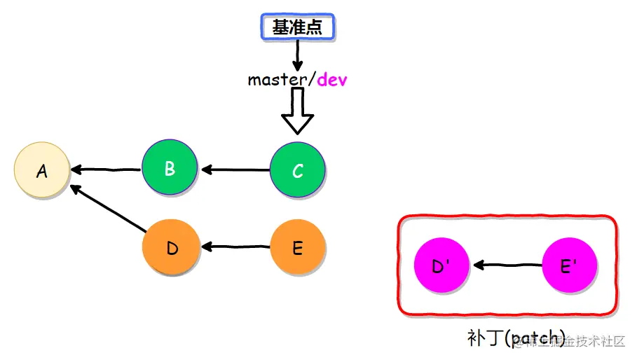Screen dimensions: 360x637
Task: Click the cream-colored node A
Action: [x=42, y=170]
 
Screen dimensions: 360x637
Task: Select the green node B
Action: [x=170, y=169]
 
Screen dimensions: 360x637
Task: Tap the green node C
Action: [x=298, y=170]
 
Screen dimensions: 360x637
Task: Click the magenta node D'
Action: [x=441, y=266]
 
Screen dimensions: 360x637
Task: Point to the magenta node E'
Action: [x=570, y=266]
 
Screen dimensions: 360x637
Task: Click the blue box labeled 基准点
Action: [x=298, y=27]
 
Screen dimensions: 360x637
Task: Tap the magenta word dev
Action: [x=332, y=80]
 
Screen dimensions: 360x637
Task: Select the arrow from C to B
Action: [x=235, y=169]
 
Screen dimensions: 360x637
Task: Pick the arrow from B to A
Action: [x=105, y=169]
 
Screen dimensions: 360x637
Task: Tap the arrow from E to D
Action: [x=235, y=247]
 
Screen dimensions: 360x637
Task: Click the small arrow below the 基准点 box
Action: [x=298, y=55]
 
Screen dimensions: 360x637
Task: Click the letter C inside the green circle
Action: [x=298, y=171]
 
